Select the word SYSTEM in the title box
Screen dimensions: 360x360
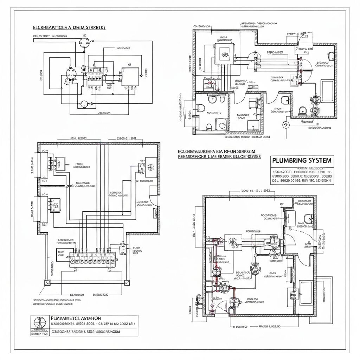pos(319,160)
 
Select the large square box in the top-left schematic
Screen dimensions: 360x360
pos(130,77)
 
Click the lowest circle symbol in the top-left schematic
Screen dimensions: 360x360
pos(84,104)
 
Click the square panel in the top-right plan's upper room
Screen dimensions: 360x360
pos(224,54)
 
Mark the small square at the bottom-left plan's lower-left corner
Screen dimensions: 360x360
pos(46,282)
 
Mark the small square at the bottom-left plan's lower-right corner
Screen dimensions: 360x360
pos(126,282)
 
